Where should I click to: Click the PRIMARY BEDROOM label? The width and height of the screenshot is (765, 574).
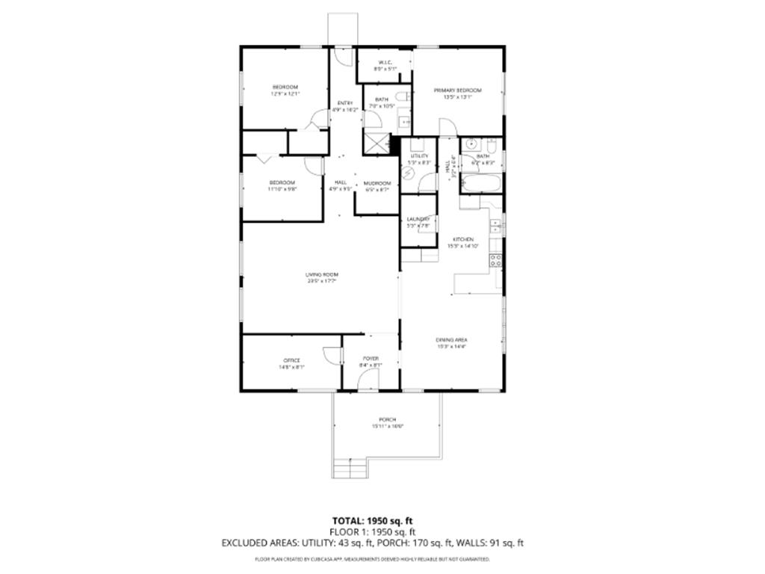[x=458, y=90]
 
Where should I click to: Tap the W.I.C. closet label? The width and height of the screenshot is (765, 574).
[x=385, y=62]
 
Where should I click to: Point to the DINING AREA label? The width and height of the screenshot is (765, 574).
[x=451, y=340]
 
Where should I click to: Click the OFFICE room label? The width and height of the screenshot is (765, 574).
[x=291, y=360]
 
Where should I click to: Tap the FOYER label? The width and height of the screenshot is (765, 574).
[x=371, y=359]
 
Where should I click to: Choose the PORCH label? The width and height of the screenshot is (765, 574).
[x=387, y=420]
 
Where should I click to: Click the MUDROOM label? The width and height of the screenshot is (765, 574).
[x=377, y=183]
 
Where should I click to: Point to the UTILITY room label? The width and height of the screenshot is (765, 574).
[x=419, y=156]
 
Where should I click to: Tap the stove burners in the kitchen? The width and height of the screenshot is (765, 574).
[x=495, y=260]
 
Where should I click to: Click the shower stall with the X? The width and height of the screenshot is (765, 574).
[x=376, y=144]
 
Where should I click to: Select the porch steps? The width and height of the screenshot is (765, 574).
[x=350, y=469]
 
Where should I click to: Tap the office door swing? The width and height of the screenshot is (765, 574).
[x=331, y=357]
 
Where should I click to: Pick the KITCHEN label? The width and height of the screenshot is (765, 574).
[x=463, y=240]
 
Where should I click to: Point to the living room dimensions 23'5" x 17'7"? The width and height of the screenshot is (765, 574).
[x=320, y=282]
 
